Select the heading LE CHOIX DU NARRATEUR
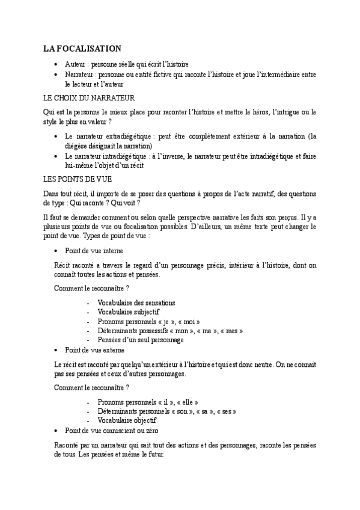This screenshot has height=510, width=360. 89,97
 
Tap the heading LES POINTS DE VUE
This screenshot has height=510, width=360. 78,179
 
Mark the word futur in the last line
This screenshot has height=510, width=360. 161,455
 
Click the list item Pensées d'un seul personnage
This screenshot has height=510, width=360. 136,340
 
